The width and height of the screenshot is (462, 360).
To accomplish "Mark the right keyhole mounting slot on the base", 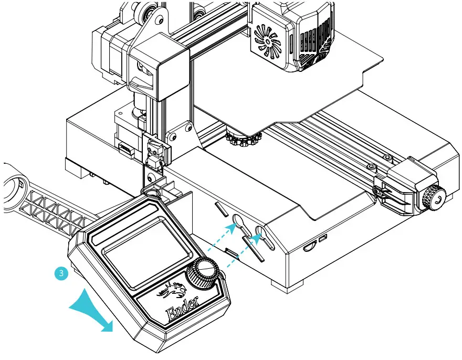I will click(x=260, y=232).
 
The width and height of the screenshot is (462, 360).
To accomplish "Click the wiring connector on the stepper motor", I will click(x=125, y=149).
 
